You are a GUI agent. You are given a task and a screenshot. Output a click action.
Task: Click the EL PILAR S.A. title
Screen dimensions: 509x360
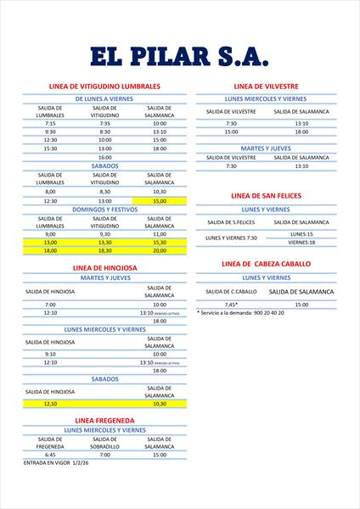pos(179,56)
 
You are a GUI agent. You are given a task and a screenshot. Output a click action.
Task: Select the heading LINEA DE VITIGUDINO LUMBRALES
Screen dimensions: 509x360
pos(105,87)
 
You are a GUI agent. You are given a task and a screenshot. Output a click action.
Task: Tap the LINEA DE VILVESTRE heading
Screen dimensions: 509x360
pos(265,87)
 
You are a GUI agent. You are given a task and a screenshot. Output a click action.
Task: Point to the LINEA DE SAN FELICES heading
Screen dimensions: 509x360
pos(266,196)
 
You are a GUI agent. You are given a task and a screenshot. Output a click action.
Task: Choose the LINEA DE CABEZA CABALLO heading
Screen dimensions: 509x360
pos(266,264)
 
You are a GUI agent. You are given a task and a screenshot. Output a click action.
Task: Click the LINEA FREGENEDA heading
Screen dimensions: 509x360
pos(104,420)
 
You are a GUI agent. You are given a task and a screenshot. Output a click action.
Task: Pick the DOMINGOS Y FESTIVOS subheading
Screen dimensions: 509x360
pos(104,208)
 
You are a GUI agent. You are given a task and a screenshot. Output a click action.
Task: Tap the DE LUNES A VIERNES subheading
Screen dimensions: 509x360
pos(104,99)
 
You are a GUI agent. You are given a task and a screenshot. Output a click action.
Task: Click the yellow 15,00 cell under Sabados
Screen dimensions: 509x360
pos(160,201)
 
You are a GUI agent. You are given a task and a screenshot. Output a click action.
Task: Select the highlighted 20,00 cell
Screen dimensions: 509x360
pos(160,251)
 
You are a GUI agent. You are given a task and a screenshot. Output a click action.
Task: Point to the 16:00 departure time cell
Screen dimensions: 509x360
pos(104,157)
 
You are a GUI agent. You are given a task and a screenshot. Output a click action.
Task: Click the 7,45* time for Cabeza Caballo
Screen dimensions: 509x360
pos(231,304)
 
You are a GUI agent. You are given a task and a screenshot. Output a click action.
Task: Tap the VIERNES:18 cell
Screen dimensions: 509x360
pos(301,243)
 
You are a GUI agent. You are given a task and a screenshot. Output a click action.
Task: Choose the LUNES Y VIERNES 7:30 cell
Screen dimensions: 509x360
pos(231,238)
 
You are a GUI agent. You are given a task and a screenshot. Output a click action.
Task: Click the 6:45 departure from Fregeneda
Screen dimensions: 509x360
pos(50,455)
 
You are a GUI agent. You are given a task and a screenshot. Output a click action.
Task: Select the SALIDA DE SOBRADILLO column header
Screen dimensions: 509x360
pos(104,442)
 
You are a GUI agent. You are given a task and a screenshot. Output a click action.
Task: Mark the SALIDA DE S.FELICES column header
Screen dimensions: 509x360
pos(231,222)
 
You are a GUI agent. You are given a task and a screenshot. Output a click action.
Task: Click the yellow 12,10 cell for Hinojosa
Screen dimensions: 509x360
pos(50,404)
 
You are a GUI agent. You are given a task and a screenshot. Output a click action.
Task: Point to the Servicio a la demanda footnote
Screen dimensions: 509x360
pos(241,312)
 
